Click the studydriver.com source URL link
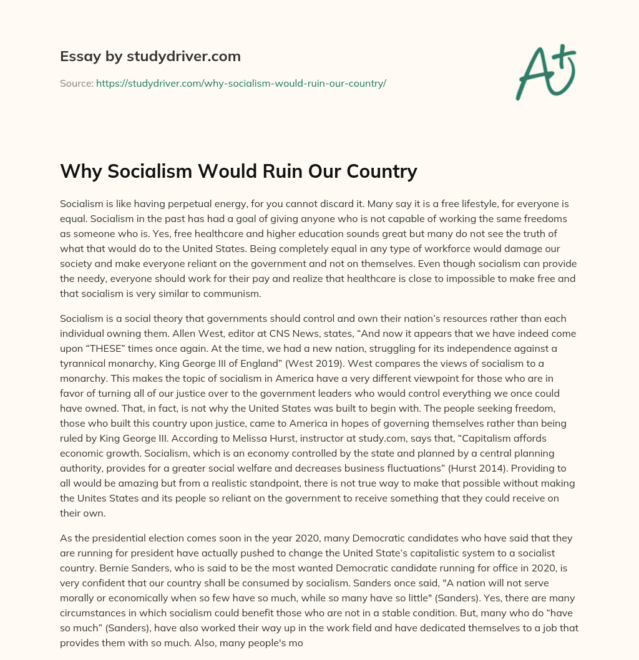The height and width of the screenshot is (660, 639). [241, 83]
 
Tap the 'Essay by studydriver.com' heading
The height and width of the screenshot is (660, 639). [150, 56]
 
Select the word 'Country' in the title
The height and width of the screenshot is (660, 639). [378, 171]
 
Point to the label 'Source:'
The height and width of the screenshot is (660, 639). [76, 83]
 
